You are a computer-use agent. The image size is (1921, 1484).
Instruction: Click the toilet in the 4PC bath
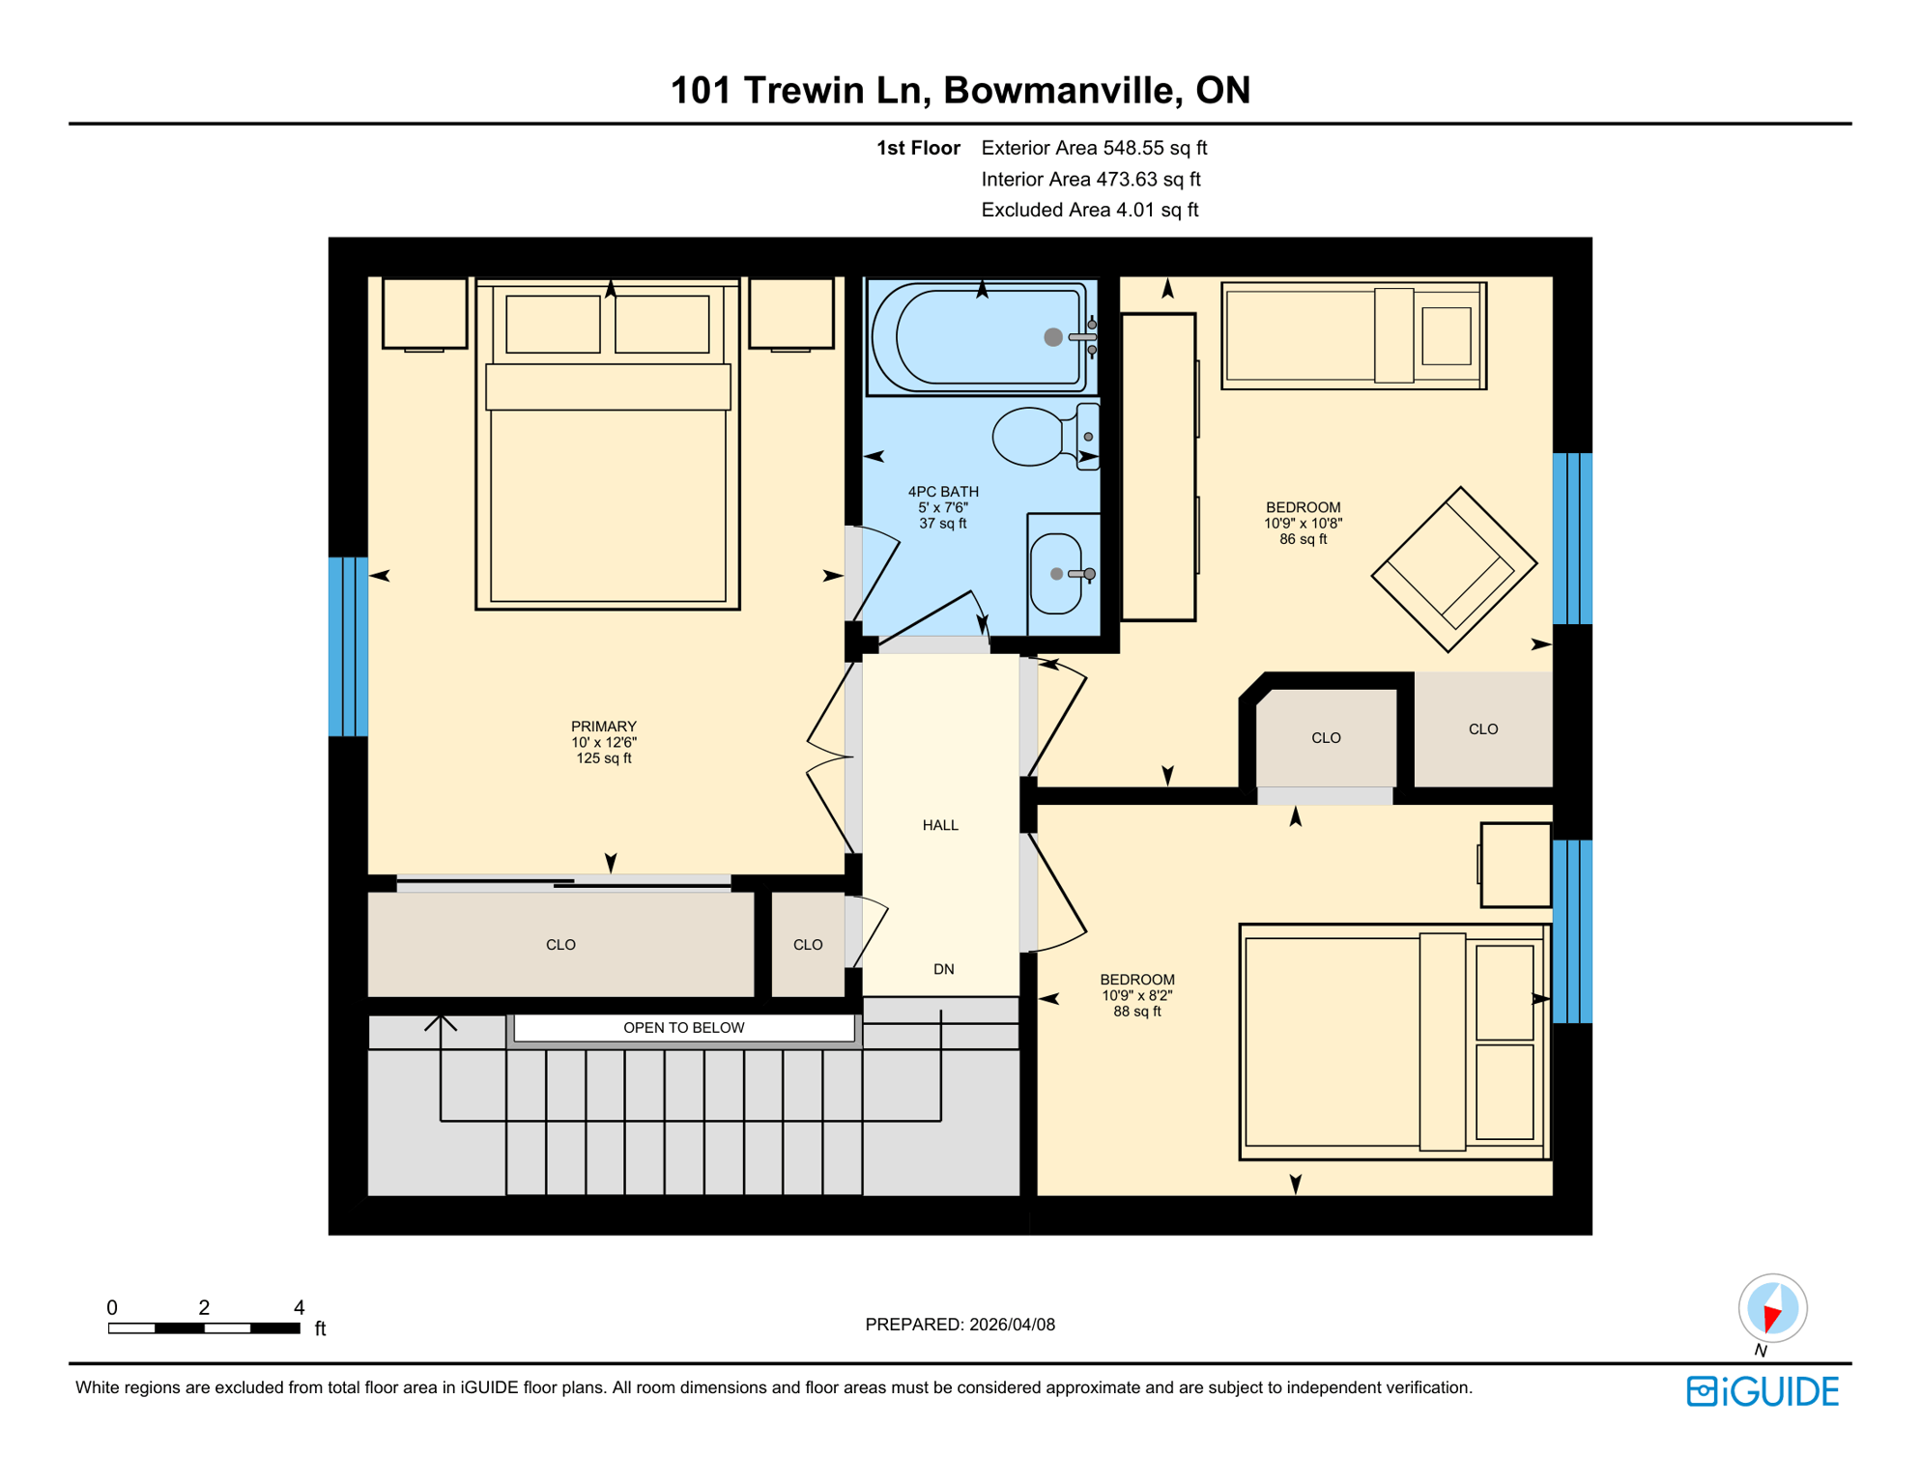pos(1030,437)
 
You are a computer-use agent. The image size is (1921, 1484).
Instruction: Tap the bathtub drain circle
pos(1053,337)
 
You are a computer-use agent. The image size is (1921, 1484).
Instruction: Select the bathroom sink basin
pos(1055,574)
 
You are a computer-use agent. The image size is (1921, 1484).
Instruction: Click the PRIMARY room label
pos(603,727)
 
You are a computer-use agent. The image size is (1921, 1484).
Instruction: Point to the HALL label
pos(939,825)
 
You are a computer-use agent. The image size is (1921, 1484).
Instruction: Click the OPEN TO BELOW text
pos(683,1028)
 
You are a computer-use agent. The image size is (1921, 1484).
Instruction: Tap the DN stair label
pos(943,969)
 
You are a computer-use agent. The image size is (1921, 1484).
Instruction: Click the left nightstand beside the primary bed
pos(424,313)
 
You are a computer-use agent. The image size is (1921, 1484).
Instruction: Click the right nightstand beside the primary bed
pos(790,313)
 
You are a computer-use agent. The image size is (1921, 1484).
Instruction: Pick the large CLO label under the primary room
pos(560,945)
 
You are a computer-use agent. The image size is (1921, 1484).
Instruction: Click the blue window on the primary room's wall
pos(348,646)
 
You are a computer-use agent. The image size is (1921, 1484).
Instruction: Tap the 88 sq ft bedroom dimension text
pos(1136,1012)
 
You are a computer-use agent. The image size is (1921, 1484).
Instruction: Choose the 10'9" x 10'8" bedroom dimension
pos(1303,524)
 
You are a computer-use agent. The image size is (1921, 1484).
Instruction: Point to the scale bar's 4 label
pos(300,1307)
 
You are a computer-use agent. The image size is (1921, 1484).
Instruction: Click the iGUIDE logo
pos(1763,1391)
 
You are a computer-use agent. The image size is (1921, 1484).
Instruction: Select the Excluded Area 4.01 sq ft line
pos(1089,210)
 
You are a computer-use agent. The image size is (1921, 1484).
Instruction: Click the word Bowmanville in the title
pos(1062,90)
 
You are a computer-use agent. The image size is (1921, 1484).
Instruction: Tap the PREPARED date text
pos(960,1325)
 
